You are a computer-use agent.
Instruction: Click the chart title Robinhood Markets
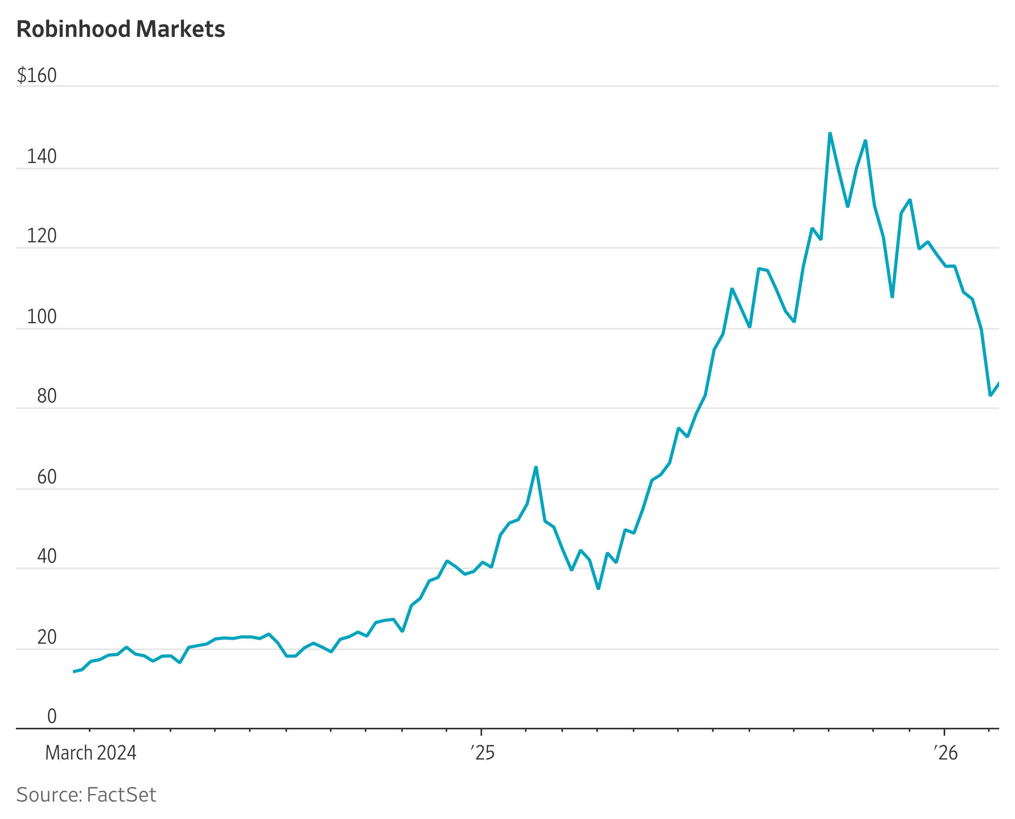[x=121, y=29]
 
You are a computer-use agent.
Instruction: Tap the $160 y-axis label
[x=37, y=75]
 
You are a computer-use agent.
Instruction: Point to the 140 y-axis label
[x=42, y=157]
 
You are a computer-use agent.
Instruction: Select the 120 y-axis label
[x=42, y=236]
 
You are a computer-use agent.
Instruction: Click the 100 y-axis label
[x=42, y=316]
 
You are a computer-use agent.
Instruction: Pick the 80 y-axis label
[x=47, y=396]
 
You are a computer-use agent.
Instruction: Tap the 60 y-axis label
[x=47, y=477]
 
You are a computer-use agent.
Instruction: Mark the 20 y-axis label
[x=47, y=637]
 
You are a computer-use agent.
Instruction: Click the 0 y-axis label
[x=52, y=717]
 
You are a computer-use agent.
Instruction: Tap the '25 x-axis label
[x=483, y=753]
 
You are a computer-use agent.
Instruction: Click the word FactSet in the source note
[x=121, y=795]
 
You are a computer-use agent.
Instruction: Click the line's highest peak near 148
[x=830, y=134]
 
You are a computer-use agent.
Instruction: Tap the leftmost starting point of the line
[x=74, y=671]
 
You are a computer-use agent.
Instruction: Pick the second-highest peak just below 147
[x=866, y=140]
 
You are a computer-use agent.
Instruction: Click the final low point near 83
[x=990, y=395]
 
